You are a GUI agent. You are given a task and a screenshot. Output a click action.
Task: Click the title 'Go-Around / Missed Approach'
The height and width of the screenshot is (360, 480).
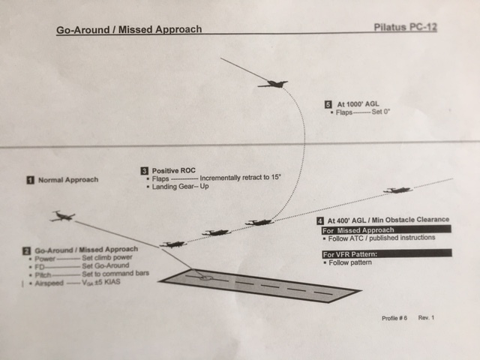tap(128, 31)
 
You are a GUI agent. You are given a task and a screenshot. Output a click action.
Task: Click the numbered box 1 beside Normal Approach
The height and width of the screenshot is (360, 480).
tap(29, 180)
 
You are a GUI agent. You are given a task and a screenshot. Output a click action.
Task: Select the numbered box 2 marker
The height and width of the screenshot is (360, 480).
tap(26, 249)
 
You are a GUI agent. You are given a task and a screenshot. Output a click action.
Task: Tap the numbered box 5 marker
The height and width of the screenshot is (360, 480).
tap(328, 103)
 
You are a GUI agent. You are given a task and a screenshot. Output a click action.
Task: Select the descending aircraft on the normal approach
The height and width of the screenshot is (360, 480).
tap(62, 217)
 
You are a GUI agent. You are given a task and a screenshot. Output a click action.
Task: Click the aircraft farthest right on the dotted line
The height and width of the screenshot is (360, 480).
tap(397, 190)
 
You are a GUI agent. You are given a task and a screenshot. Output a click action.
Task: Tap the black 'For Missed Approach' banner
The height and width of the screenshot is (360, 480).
tap(386, 229)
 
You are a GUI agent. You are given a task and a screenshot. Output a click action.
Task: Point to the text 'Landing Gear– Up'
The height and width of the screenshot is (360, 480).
tap(181, 187)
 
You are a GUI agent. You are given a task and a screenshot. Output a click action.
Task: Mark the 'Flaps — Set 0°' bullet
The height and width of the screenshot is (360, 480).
tap(364, 112)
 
